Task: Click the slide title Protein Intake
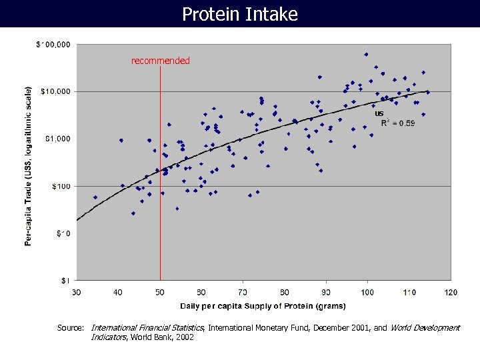240,14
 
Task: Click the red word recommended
160,61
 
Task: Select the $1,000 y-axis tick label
58,139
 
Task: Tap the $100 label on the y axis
61,186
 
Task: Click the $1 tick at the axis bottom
67,280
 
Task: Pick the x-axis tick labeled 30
76,292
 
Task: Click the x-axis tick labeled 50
159,292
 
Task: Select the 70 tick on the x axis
243,292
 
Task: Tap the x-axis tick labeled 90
326,292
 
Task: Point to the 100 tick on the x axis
367,292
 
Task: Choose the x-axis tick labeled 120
451,292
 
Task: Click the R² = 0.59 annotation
397,123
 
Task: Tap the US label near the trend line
379,113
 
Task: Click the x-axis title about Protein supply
263,306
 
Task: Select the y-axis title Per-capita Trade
29,165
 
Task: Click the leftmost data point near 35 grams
95,197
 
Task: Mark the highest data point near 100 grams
366,55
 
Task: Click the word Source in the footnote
70,328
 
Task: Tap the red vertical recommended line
160,200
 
